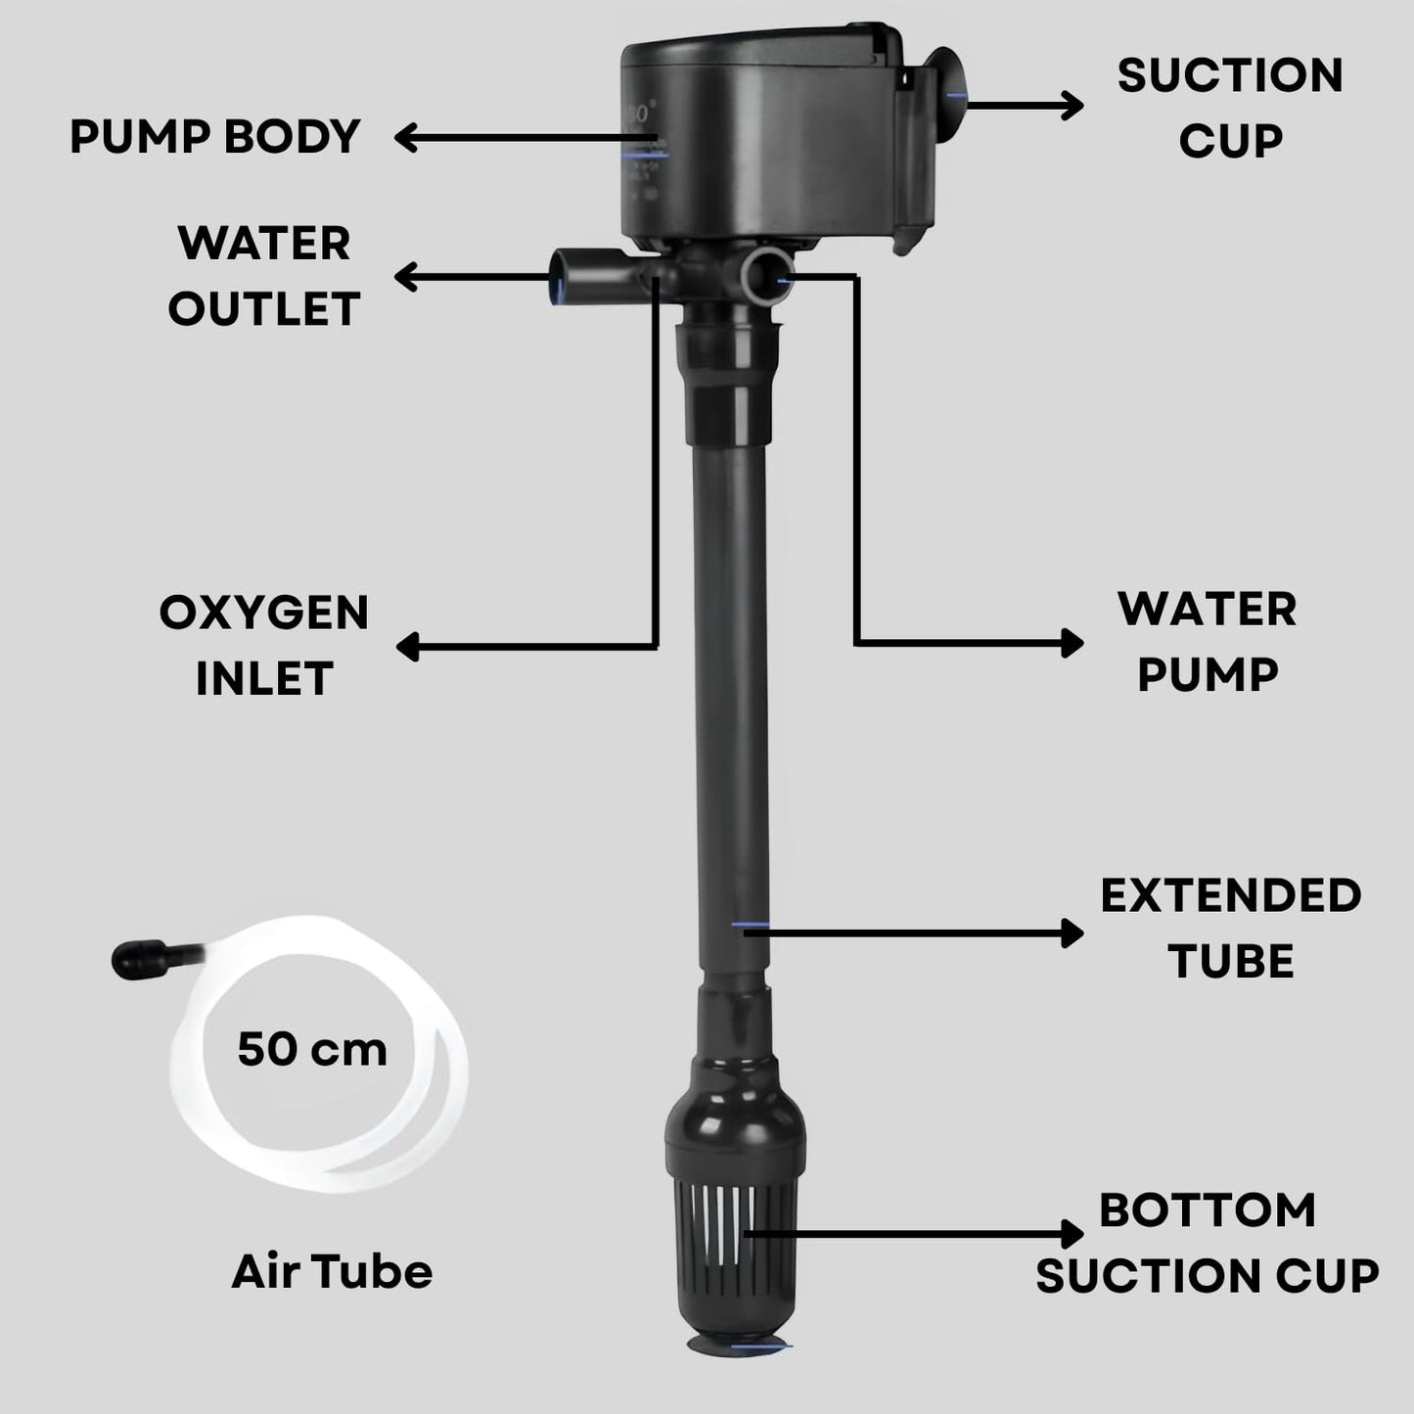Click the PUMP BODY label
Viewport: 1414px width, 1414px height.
click(215, 137)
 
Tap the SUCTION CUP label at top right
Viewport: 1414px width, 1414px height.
click(1230, 108)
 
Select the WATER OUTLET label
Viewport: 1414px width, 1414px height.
click(263, 276)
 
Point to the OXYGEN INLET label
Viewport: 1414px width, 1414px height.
click(263, 645)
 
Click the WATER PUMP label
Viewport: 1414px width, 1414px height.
click(1208, 642)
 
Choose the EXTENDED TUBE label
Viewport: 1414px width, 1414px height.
click(1230, 928)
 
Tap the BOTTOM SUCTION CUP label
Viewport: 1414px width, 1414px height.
click(1207, 1243)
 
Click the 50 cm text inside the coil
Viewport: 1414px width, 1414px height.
click(312, 1049)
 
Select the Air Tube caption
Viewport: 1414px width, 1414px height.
click(332, 1271)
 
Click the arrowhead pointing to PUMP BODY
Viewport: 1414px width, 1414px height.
click(406, 138)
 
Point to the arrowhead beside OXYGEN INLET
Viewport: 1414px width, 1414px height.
click(407, 646)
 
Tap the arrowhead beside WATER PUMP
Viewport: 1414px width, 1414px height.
click(1073, 643)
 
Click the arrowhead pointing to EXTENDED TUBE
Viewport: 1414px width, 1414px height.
click(1073, 934)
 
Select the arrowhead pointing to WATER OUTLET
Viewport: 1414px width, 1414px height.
click(406, 278)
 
